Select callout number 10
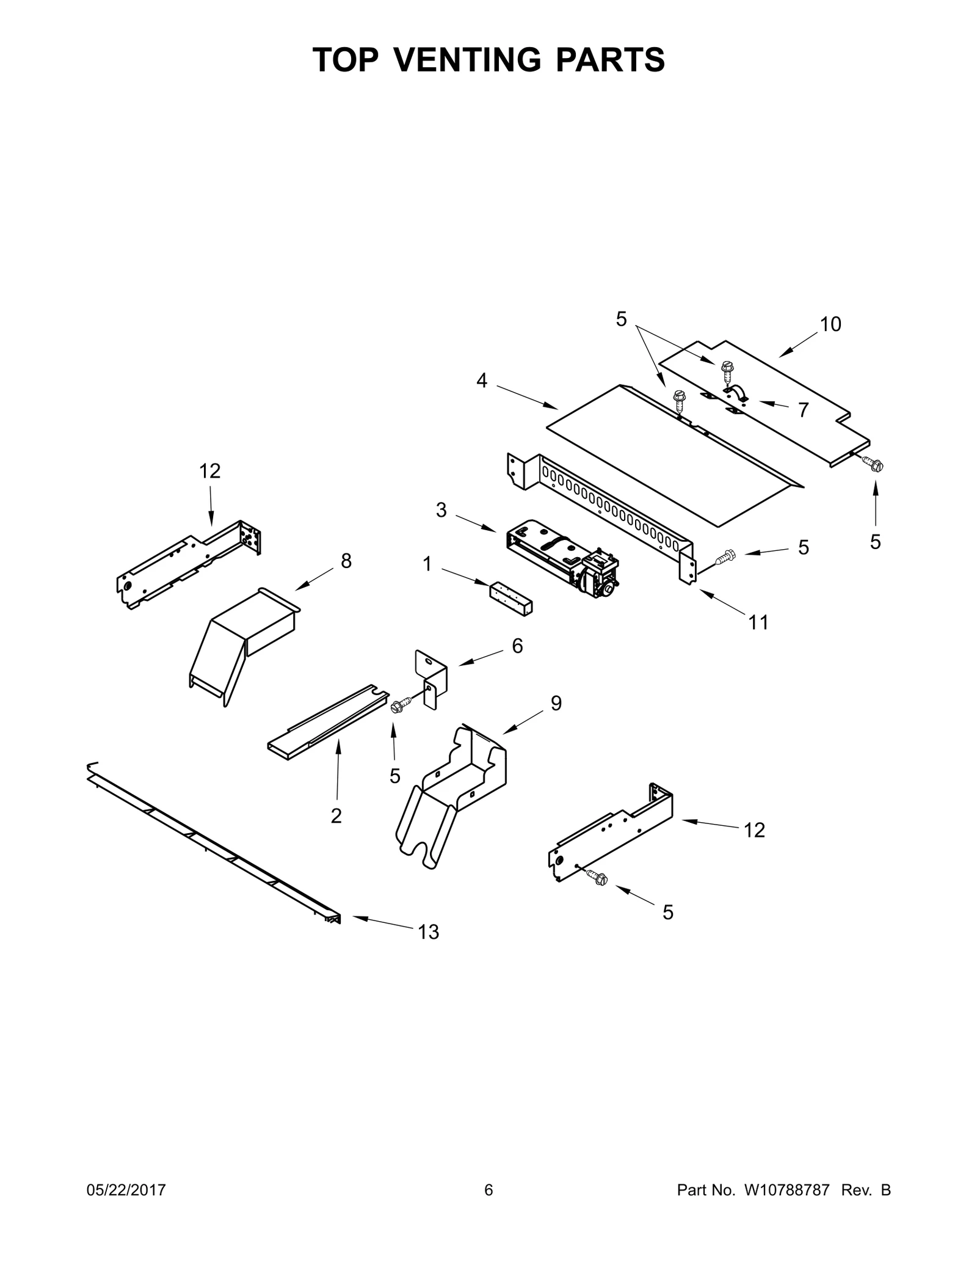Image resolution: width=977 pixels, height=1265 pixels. click(x=830, y=324)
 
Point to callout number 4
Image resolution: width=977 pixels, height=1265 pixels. click(x=482, y=381)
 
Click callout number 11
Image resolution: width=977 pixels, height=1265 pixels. click(x=758, y=622)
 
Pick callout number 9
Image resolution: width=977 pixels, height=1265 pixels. click(x=556, y=703)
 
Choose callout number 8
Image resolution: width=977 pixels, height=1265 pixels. click(x=346, y=561)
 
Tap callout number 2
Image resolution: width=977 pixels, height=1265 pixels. click(x=336, y=815)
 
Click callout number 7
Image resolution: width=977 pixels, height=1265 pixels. click(x=803, y=410)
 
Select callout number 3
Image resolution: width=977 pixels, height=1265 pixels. click(x=441, y=510)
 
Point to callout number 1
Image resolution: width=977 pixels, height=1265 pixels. click(x=427, y=564)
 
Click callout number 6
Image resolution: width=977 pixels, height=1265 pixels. click(x=517, y=646)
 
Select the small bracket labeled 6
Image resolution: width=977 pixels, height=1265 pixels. click(x=431, y=679)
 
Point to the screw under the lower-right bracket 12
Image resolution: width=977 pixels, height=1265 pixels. click(x=596, y=877)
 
